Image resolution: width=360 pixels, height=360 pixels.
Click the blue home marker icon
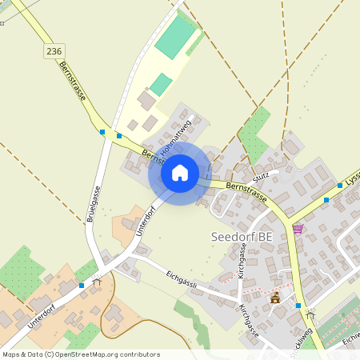tap(180, 172)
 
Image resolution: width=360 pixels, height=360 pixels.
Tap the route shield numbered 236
tap(54, 50)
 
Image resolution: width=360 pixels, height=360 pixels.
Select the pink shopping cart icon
tap(298, 228)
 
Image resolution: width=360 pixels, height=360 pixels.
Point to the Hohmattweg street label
tap(176, 138)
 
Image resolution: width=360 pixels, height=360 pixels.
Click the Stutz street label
tap(261, 175)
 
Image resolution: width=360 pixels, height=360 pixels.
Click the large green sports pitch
tap(176, 38)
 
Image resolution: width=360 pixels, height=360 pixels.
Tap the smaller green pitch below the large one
tap(161, 84)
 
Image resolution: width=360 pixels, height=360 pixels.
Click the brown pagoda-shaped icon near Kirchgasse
tap(275, 298)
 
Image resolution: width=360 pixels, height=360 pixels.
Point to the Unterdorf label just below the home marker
tap(144, 220)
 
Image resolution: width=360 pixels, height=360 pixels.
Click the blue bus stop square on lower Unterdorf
tap(82, 285)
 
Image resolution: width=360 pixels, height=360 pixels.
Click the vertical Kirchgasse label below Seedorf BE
tap(242, 261)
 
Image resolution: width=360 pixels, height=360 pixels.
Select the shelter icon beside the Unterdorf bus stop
tap(98, 282)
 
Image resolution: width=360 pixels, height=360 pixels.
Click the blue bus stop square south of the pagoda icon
tap(298, 305)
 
